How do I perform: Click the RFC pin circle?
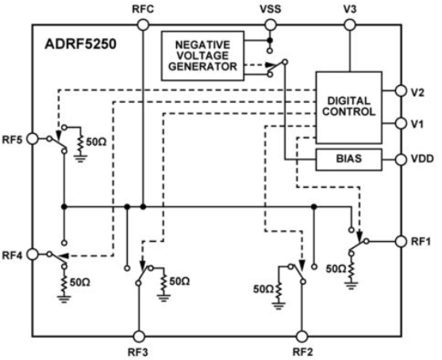(143, 25)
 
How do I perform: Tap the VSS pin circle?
(271, 25)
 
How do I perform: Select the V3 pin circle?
(350, 25)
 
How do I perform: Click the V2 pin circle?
(401, 90)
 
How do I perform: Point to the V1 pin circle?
(401, 123)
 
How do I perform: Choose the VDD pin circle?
(401, 159)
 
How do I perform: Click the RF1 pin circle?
(401, 241)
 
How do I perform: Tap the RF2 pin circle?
(302, 336)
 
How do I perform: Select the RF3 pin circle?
(139, 336)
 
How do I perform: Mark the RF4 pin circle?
(33, 254)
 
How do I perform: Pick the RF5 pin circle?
(33, 139)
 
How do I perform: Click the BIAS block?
(348, 159)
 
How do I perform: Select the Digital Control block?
(348, 107)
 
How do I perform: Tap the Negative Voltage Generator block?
(202, 56)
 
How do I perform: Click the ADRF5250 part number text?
(80, 44)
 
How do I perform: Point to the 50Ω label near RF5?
(96, 142)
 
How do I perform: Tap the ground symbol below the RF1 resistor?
(352, 285)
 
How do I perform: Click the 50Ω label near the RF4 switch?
(80, 282)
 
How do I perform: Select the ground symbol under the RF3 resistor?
(163, 297)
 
